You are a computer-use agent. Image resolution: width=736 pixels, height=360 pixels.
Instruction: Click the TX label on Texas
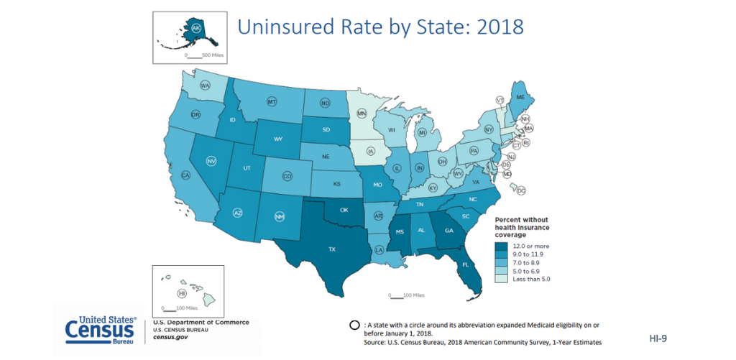332,249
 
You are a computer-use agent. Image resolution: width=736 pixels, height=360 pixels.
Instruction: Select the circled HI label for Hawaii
183,293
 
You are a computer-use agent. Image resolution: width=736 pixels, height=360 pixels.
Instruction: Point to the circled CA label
185,175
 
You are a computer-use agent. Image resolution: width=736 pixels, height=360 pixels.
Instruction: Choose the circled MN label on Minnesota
362,114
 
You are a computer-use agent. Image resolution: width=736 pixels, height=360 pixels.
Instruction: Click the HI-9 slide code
658,336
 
